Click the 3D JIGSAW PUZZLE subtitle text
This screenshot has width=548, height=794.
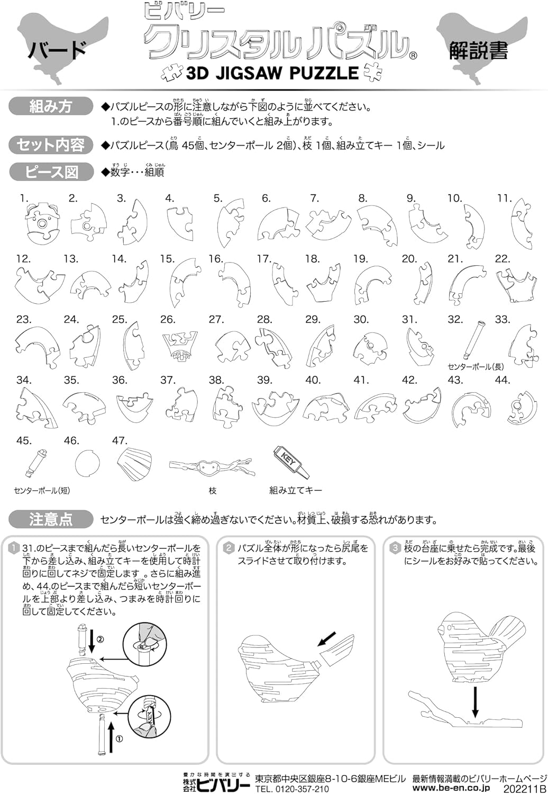click(272, 73)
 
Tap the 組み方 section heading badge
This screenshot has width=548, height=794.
click(50, 106)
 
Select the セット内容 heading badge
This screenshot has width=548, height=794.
click(50, 145)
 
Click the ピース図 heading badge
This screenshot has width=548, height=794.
click(50, 172)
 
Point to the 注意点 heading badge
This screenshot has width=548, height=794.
click(50, 519)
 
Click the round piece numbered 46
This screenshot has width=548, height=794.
click(87, 464)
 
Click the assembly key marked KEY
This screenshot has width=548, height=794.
click(290, 461)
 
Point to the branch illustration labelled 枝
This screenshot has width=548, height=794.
click(212, 467)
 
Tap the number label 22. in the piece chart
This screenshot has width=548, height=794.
click(502, 259)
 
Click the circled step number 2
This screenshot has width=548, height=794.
click(229, 548)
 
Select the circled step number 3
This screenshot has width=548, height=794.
click(395, 548)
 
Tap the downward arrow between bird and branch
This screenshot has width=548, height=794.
click(476, 701)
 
